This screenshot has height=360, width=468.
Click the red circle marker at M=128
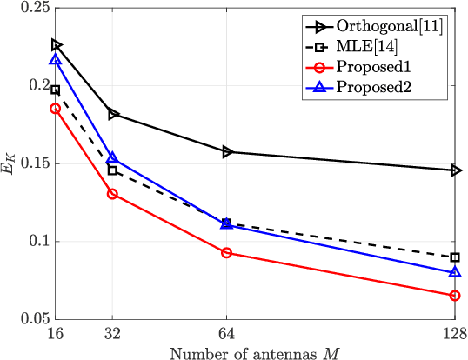tap(455, 296)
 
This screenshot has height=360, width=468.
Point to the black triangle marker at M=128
tap(455, 170)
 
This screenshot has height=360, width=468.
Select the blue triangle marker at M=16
tap(56, 60)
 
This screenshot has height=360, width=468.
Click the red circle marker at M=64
tap(227, 253)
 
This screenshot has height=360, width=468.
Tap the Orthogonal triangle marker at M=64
tap(227, 151)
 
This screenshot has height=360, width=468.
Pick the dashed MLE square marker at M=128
tap(455, 257)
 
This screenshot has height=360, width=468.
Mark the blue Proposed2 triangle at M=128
tap(455, 272)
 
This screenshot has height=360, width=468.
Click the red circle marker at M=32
tap(112, 194)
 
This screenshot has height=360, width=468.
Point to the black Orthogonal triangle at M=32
tap(112, 114)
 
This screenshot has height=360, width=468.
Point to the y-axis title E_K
tap(9, 163)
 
